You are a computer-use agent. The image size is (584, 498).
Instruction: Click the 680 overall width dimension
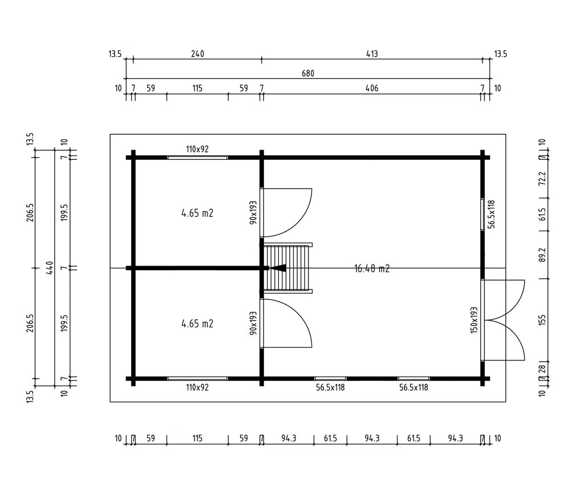coord(308,74)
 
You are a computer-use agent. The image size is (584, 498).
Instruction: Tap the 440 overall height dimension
coord(50,267)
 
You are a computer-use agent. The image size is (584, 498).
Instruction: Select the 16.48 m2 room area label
coord(372,268)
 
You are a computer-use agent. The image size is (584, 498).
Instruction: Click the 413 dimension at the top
coord(372,54)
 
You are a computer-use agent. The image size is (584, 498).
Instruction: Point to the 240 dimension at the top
coord(197,54)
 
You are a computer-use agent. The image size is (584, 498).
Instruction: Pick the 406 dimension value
coord(372,89)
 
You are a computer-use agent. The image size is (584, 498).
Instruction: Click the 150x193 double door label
coord(474,320)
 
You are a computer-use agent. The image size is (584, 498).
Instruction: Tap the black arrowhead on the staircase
coord(278,268)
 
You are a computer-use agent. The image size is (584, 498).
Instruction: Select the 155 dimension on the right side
coord(542,320)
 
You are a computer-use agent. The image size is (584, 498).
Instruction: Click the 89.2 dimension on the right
coord(542,255)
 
